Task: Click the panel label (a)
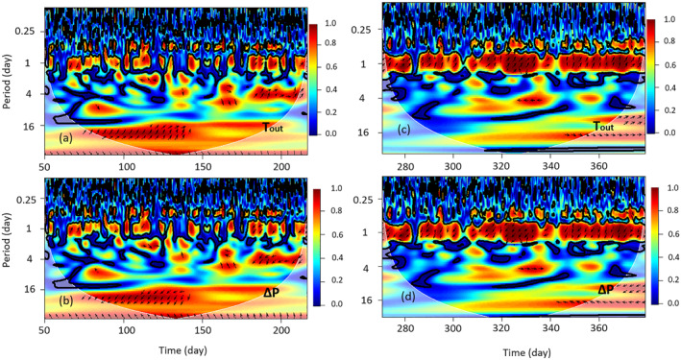67,138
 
